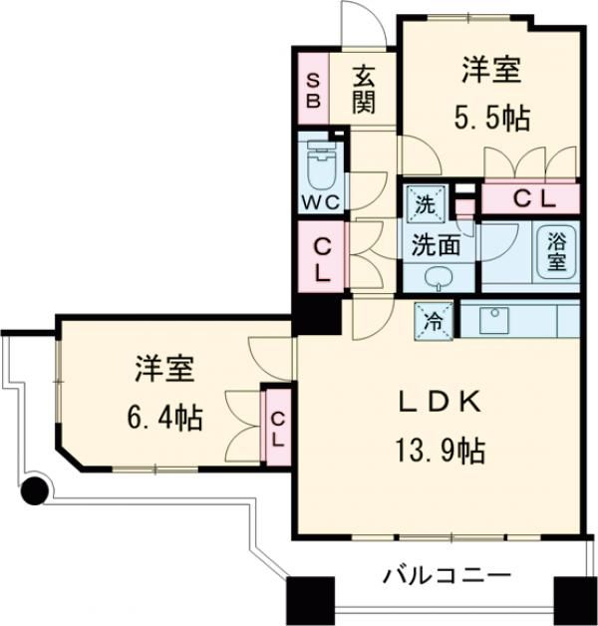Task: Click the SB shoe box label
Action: pyautogui.click(x=312, y=91)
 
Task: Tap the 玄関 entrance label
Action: pyautogui.click(x=364, y=90)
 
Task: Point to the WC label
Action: pyautogui.click(x=321, y=200)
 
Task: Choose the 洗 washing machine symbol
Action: pyautogui.click(x=426, y=206)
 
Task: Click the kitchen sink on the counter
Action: pyautogui.click(x=493, y=321)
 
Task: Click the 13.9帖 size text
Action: pyautogui.click(x=440, y=452)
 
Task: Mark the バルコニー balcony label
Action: pyautogui.click(x=447, y=575)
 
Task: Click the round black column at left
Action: pyautogui.click(x=35, y=490)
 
